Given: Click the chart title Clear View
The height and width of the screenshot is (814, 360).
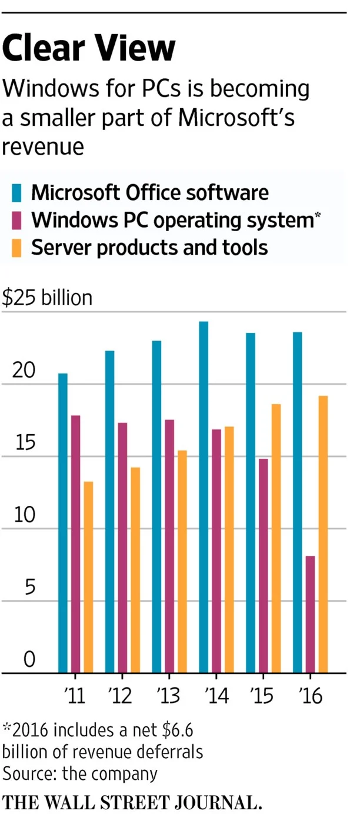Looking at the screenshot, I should (89, 48).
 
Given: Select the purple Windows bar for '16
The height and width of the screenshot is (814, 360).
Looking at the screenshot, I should (310, 614).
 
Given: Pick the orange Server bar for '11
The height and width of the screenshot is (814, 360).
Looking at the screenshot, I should (88, 577).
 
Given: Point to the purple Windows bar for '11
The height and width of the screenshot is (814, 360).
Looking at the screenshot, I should (75, 544).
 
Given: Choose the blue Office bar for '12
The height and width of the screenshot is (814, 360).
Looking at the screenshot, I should (109, 512).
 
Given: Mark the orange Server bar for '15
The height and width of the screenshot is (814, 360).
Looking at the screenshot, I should (276, 538).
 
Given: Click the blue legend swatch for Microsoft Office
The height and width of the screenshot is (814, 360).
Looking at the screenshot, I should (16, 193).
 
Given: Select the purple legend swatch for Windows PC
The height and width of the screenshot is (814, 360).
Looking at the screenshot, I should (16, 220).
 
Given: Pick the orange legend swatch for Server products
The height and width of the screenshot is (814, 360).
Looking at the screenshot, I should (16, 247).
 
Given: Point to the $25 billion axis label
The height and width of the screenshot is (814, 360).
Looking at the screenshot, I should (47, 298).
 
